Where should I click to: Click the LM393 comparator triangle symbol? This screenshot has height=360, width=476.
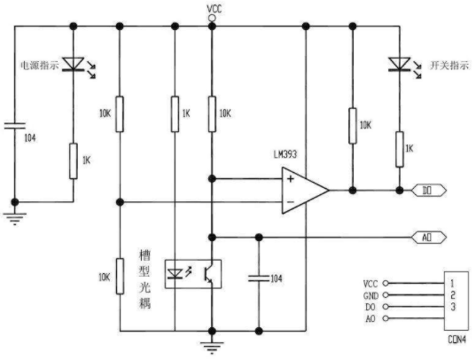point(305,191)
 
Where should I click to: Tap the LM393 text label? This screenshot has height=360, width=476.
point(285,154)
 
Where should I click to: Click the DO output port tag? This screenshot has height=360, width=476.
point(429,191)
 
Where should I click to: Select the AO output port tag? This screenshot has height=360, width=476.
point(429,238)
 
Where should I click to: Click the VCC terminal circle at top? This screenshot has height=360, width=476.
point(212,19)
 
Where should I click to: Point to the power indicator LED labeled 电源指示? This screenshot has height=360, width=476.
point(74,64)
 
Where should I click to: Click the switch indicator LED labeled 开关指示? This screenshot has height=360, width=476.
point(400,65)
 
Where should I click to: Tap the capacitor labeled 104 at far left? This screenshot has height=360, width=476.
point(14,126)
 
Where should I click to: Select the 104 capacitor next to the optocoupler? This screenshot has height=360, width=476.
point(259,278)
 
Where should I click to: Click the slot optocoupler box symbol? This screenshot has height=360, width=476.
point(193,274)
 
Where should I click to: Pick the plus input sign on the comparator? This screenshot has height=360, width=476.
point(291,178)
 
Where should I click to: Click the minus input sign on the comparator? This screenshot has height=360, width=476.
point(291,201)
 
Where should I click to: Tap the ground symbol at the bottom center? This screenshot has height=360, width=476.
point(212,348)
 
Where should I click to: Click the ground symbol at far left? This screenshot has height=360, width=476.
point(14,218)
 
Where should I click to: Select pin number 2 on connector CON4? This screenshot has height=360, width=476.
point(453,295)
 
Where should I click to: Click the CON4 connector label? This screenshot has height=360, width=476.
point(456,340)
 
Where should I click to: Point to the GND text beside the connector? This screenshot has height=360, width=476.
point(371,295)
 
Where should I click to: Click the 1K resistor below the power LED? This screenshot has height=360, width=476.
point(74,161)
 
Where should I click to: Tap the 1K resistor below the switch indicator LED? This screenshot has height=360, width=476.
point(400,149)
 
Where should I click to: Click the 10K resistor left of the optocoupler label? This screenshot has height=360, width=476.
point(120,276)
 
